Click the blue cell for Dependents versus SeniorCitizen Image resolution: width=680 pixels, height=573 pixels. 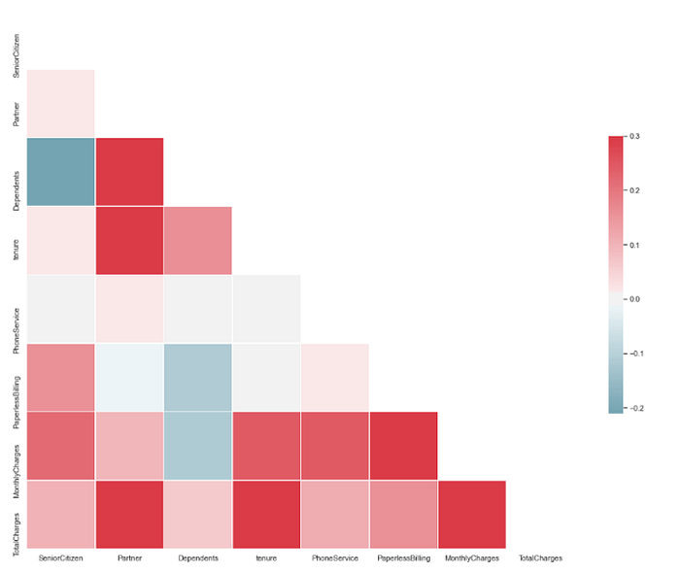pyautogui.click(x=60, y=172)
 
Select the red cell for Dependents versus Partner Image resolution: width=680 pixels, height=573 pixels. pyautogui.click(x=129, y=172)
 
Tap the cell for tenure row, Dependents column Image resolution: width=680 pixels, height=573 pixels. pyautogui.click(x=198, y=241)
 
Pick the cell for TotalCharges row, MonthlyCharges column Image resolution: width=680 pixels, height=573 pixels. pyautogui.click(x=472, y=515)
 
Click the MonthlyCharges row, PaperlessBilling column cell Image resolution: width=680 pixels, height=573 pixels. pyautogui.click(x=404, y=446)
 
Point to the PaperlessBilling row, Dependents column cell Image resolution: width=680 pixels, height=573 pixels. pyautogui.click(x=198, y=378)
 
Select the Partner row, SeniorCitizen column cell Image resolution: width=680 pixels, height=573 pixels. pyautogui.click(x=60, y=103)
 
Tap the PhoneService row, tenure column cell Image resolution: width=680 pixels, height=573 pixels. pyautogui.click(x=267, y=309)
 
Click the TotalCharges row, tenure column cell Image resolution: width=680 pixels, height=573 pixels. pyautogui.click(x=267, y=515)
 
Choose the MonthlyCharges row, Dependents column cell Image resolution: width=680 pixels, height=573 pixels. pyautogui.click(x=198, y=446)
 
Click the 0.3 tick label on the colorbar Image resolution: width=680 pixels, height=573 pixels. pyautogui.click(x=634, y=136)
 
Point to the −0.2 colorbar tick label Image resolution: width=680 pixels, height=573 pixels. pyautogui.click(x=636, y=408)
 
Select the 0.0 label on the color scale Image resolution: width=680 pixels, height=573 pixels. pyautogui.click(x=634, y=299)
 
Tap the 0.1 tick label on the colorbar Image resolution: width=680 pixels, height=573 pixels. pyautogui.click(x=634, y=245)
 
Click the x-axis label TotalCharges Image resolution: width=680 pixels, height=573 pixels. pyautogui.click(x=540, y=558)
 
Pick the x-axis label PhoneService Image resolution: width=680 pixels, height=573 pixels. pyautogui.click(x=335, y=558)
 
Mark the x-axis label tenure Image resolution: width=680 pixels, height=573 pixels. pyautogui.click(x=266, y=558)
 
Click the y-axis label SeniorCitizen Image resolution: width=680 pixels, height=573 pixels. pyautogui.click(x=17, y=56)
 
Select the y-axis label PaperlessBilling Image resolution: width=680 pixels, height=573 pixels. pyautogui.click(x=17, y=403)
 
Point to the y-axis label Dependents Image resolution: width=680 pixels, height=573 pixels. pyautogui.click(x=17, y=191)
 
